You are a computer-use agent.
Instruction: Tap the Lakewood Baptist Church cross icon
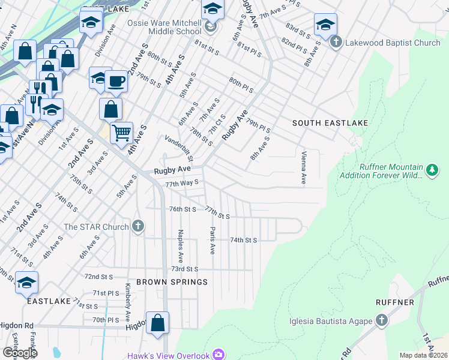click(336, 43)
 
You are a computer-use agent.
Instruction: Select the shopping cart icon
click(121, 131)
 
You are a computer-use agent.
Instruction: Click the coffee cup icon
click(115, 81)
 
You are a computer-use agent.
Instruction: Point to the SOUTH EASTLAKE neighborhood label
click(330, 123)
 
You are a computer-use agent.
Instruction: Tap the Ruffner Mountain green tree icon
click(431, 171)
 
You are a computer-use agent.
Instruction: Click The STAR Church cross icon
click(138, 227)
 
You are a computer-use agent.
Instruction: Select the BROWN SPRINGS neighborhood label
click(172, 282)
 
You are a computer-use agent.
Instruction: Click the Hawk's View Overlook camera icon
click(218, 355)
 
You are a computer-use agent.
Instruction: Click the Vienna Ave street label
click(303, 167)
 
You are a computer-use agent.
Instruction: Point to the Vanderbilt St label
click(178, 148)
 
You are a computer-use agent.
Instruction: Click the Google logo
click(19, 353)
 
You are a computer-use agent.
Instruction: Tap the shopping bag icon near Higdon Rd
click(157, 322)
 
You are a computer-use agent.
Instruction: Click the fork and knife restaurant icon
click(37, 88)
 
